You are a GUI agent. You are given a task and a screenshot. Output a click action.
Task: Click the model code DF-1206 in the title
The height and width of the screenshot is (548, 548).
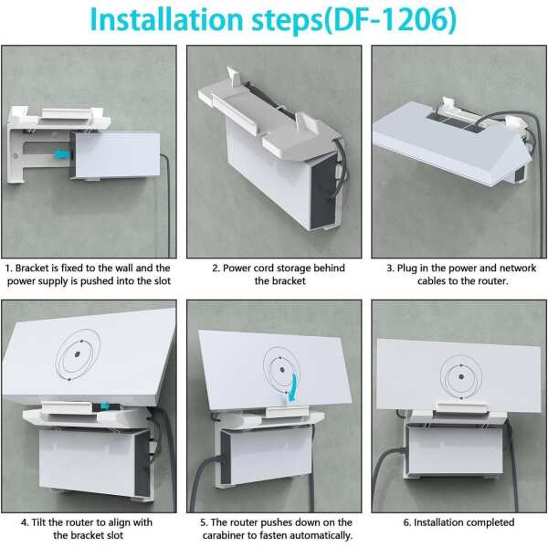tap(390, 19)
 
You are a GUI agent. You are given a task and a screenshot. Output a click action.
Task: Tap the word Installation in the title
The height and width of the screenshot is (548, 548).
tap(166, 19)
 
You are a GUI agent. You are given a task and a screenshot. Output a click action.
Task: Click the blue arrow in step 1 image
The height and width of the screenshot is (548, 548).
tap(62, 153)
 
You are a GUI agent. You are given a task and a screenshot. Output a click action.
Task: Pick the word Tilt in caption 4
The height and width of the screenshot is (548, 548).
tap(38, 522)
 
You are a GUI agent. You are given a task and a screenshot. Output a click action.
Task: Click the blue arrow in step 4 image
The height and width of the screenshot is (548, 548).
tap(104, 406)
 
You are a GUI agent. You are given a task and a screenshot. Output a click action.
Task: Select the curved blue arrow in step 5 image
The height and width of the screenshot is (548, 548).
tap(293, 386)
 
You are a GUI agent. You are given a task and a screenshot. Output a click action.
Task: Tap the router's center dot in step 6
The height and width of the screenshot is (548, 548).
tap(461, 377)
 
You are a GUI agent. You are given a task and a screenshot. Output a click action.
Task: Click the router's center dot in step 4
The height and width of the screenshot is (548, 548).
tap(77, 354)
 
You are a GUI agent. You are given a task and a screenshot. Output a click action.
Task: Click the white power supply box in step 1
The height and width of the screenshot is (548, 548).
tap(117, 155)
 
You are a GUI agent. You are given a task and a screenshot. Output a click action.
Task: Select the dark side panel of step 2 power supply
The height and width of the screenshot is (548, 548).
tap(323, 193)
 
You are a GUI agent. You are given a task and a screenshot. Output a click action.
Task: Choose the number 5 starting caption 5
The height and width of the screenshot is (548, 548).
tap(204, 522)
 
